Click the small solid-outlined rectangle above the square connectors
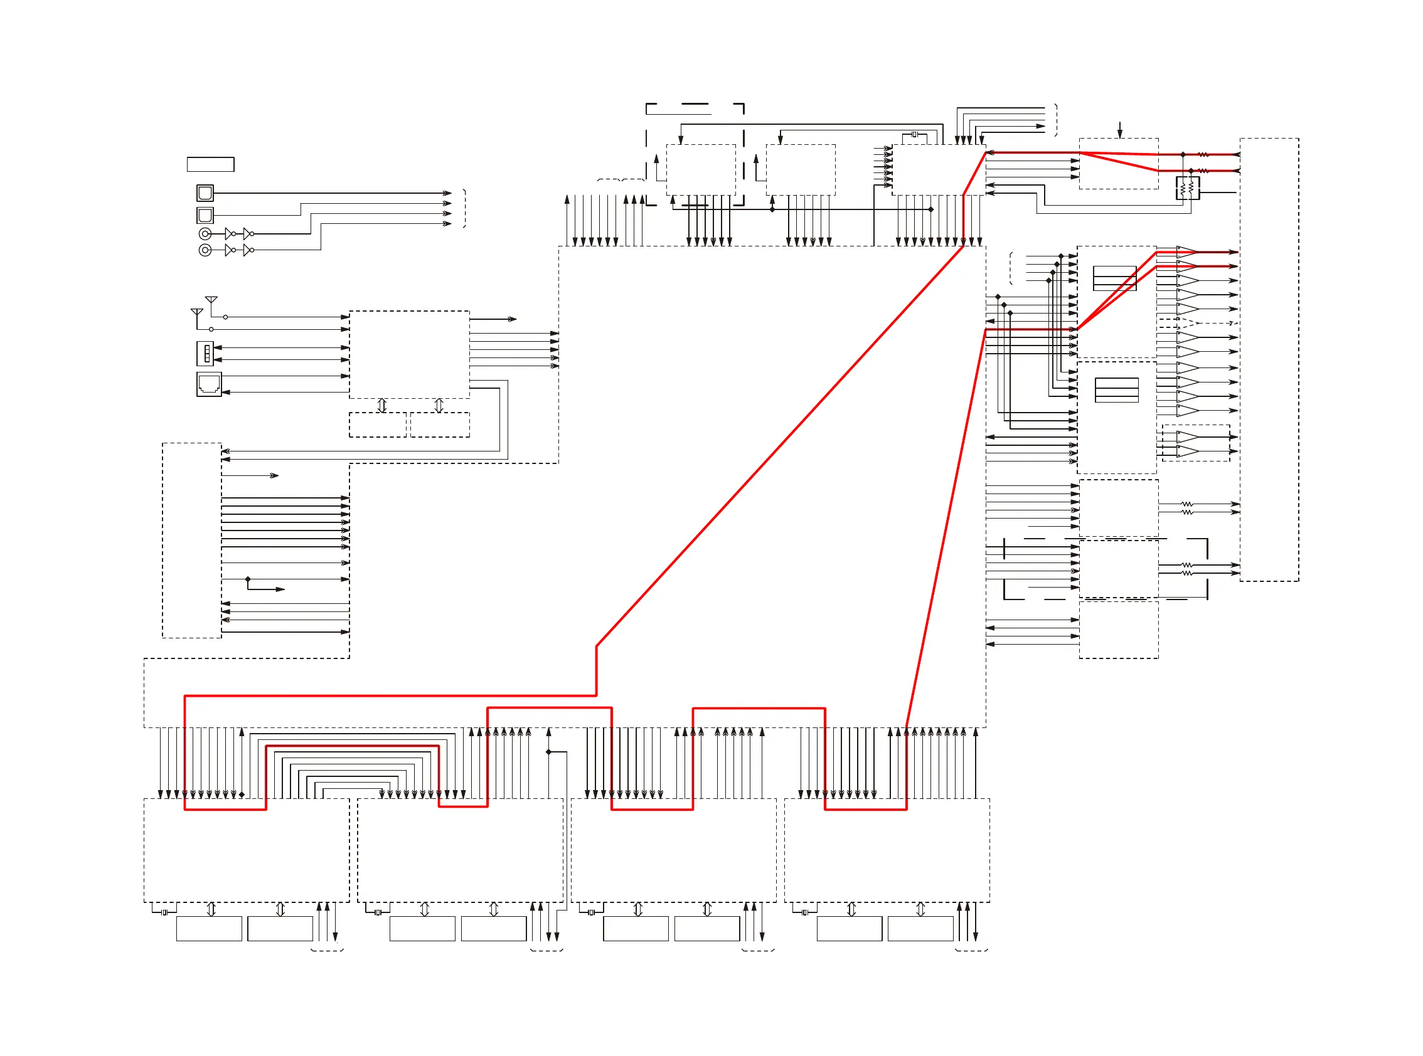point(210,164)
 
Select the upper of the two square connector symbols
point(205,193)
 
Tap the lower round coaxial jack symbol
point(205,250)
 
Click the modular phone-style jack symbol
point(209,384)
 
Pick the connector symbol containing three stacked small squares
point(205,354)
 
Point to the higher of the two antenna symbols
point(211,300)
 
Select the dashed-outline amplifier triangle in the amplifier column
point(1187,323)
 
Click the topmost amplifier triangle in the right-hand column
point(1187,252)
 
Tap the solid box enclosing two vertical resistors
point(1187,189)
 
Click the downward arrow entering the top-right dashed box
point(1120,130)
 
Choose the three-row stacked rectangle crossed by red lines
point(1115,278)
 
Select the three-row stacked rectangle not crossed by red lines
point(1117,390)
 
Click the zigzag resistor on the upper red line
point(1203,154)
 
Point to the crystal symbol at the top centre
point(915,134)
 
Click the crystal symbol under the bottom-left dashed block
point(164,912)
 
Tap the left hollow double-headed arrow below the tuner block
point(382,405)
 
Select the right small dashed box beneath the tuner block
point(440,425)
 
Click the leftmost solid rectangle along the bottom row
point(209,928)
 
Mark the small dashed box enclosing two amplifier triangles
point(1195,443)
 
